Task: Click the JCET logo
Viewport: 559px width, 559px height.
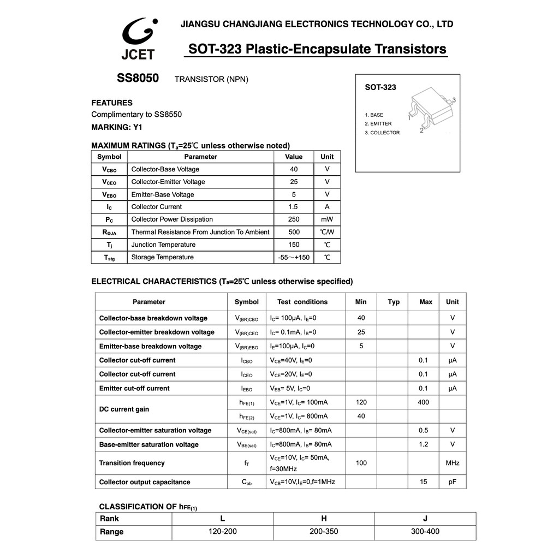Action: tap(139, 39)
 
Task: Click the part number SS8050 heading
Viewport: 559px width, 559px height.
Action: tap(138, 78)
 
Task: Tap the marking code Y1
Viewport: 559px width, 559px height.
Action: tap(138, 127)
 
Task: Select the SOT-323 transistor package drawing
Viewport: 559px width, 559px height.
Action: tap(431, 109)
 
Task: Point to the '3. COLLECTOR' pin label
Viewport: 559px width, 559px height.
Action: tap(382, 133)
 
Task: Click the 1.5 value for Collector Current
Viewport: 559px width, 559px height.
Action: tap(293, 207)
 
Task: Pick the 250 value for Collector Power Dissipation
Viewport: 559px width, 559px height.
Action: tap(294, 219)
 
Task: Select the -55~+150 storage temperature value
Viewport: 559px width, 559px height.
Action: tap(294, 258)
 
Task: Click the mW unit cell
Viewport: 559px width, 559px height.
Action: tap(327, 219)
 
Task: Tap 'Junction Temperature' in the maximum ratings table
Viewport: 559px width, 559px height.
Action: tap(163, 245)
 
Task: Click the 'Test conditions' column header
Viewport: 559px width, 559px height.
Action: tap(302, 302)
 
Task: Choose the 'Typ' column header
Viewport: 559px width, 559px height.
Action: tap(394, 302)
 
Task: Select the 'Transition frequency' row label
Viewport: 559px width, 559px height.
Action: tap(132, 463)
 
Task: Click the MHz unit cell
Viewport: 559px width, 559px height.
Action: tap(453, 463)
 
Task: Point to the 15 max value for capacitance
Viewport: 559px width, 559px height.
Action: tap(424, 482)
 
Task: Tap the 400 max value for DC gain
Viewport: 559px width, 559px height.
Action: tap(424, 402)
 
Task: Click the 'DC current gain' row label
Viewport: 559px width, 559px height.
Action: tap(124, 409)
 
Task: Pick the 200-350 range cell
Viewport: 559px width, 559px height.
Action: tap(324, 531)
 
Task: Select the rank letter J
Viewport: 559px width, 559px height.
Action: tap(425, 518)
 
